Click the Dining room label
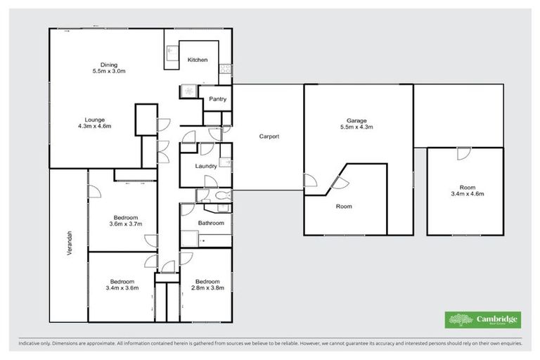[x=108, y=68]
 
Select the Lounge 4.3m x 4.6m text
[x=94, y=123]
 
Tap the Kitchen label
[x=197, y=60]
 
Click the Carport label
[x=269, y=136]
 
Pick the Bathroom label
[x=211, y=223]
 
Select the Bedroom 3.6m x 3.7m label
[x=127, y=220]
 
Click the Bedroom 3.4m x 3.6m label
[x=122, y=284]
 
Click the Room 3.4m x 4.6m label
[x=466, y=191]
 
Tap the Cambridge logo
[x=483, y=320]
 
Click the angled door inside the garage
[x=338, y=182]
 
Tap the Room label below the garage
[x=344, y=207]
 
